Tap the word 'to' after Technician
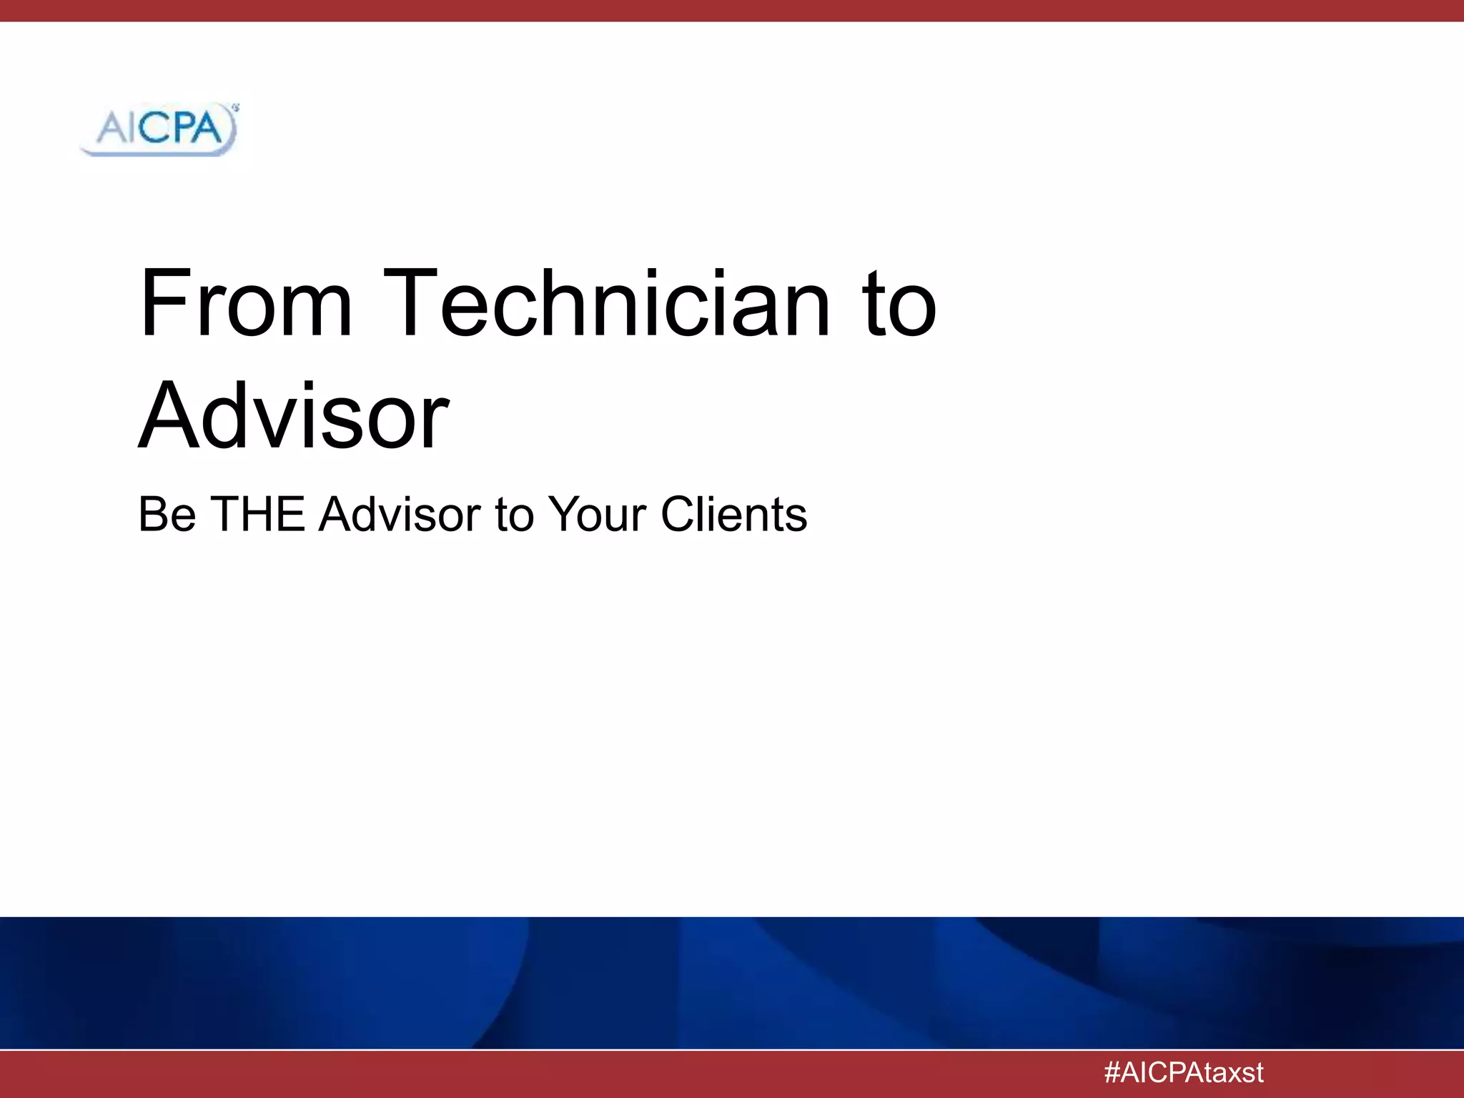(x=899, y=304)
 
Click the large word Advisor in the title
(x=294, y=417)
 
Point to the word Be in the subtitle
(x=167, y=514)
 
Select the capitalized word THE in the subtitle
(x=258, y=514)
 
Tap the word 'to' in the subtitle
(x=514, y=515)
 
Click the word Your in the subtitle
(x=597, y=514)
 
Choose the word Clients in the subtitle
(x=733, y=514)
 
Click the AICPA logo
(x=159, y=129)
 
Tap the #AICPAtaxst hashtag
(x=1183, y=1072)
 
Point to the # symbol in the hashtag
(x=1112, y=1072)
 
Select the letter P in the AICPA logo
(x=182, y=129)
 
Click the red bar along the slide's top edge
(x=732, y=11)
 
